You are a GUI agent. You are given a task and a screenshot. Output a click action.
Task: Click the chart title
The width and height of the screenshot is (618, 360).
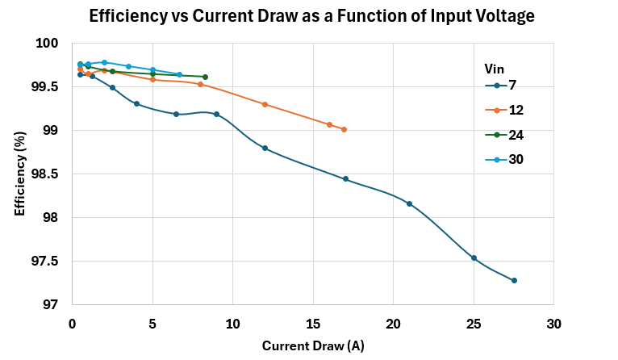311,15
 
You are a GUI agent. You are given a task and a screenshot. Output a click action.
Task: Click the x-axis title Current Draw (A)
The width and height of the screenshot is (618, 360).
312,345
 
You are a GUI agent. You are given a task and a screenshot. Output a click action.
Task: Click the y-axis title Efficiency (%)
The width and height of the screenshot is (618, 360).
19,174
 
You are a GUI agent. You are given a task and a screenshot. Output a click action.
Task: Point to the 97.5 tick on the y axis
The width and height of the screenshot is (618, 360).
49,261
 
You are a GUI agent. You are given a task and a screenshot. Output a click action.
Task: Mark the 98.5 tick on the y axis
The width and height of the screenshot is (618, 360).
49,174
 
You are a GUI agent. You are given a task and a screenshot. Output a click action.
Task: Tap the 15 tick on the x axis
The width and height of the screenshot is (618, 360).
312,323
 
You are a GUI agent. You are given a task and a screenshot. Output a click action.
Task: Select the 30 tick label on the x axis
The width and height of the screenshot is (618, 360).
553,323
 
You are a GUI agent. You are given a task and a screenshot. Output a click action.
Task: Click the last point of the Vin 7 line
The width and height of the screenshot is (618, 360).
514,280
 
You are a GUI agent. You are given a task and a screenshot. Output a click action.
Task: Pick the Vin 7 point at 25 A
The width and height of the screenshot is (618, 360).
474,258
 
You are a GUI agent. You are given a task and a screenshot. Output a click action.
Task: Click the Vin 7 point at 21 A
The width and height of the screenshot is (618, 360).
409,203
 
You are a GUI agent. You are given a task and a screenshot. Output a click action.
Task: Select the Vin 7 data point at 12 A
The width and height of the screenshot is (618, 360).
265,148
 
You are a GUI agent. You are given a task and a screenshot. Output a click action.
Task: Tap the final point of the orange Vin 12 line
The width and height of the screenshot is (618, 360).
344,129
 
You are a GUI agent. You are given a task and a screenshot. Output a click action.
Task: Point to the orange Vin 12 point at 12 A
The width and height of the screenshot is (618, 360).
265,104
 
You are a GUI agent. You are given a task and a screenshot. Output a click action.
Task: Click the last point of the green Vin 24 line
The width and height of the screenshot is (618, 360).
205,77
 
